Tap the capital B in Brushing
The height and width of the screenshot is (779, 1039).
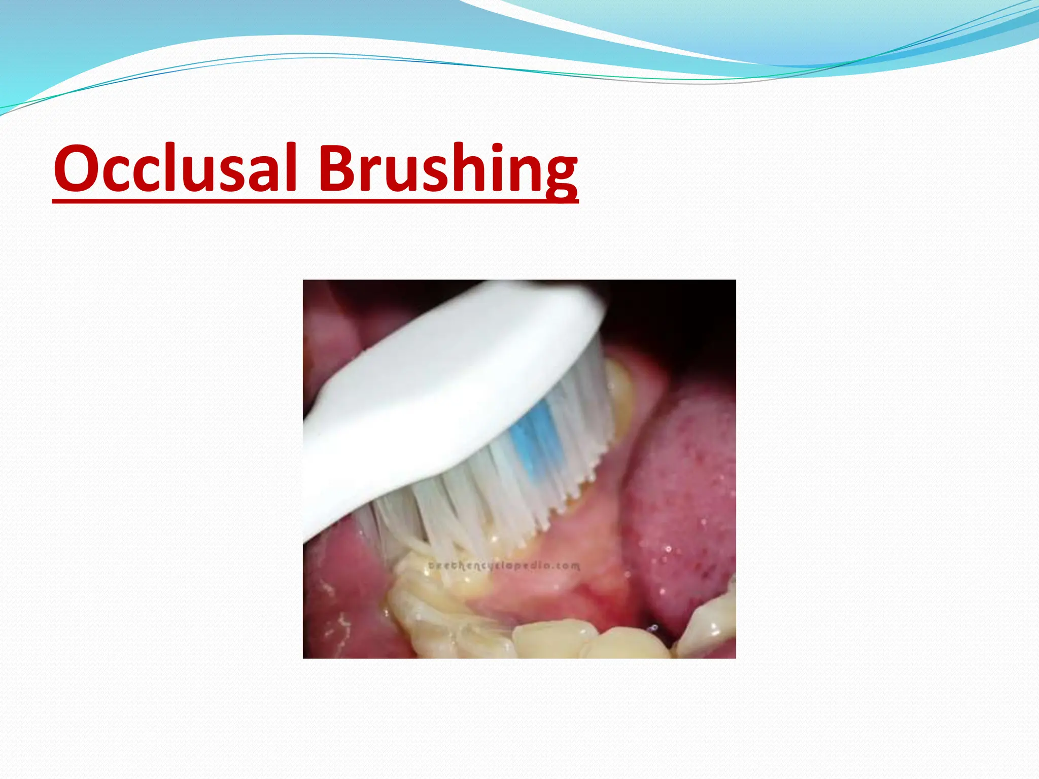click(338, 168)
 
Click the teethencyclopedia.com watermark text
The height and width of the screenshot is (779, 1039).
click(504, 565)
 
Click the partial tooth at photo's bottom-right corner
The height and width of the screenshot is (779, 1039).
click(710, 629)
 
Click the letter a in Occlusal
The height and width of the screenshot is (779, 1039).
click(264, 172)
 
